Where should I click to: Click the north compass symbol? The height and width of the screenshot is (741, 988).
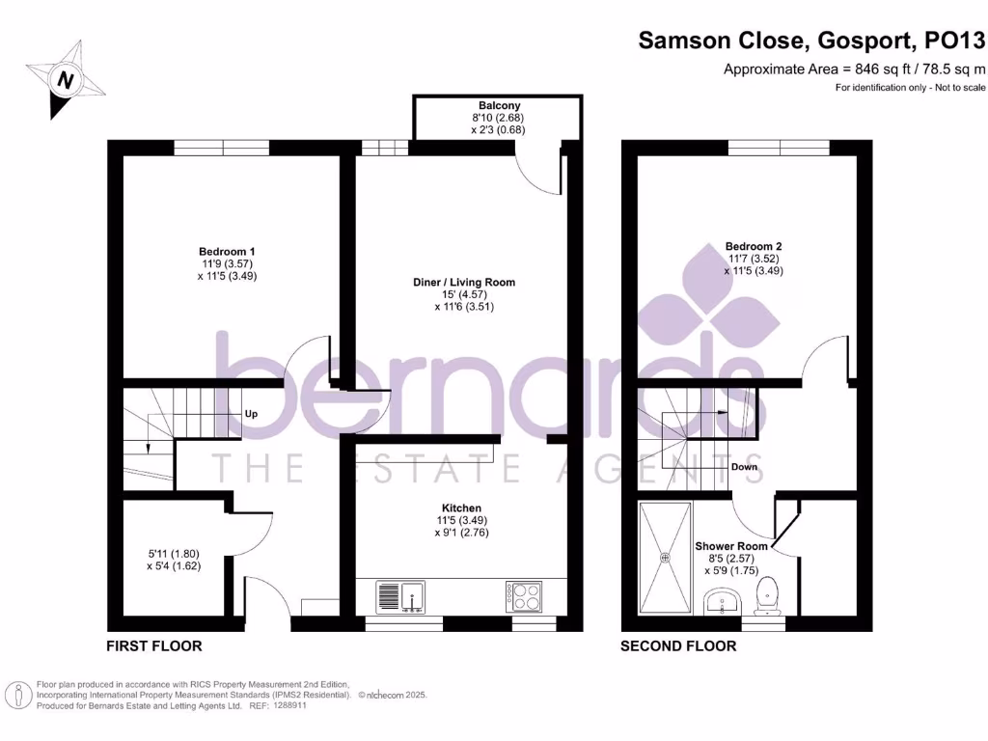tap(65, 79)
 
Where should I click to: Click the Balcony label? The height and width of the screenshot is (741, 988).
tap(499, 105)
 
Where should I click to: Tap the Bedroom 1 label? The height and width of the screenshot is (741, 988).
tap(229, 251)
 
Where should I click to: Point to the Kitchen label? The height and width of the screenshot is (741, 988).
tap(461, 508)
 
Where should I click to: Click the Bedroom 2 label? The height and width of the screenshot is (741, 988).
tap(754, 246)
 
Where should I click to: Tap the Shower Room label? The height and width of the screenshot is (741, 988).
tap(731, 546)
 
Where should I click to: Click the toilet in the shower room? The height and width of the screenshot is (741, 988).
tap(768, 593)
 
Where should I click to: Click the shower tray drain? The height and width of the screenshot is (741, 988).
tap(665, 557)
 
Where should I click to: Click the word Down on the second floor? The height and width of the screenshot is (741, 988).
tap(744, 467)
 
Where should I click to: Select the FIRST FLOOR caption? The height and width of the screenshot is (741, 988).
tap(154, 645)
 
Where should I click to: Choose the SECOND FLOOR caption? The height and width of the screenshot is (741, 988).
tap(677, 645)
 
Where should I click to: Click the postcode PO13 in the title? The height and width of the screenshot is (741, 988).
tap(954, 41)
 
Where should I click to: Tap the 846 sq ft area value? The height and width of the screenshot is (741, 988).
tap(870, 69)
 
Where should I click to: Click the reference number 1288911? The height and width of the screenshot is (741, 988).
tap(287, 705)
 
